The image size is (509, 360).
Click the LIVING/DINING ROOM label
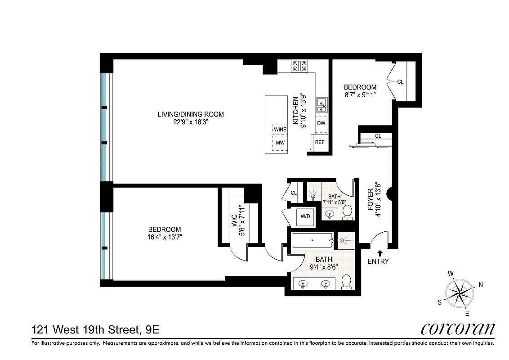[190, 114]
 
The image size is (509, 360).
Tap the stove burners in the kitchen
[299, 66]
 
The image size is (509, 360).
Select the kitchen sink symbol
[321, 105]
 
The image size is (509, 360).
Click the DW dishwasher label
[321, 123]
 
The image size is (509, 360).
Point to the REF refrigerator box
[320, 142]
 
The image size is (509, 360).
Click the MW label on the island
[280, 143]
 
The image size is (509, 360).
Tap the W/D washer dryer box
[305, 216]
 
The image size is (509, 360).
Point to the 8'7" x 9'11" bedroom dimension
[360, 94]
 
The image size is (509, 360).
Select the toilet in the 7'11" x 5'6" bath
[347, 211]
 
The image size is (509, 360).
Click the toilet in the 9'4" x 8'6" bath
[346, 281]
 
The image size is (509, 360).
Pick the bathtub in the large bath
[312, 240]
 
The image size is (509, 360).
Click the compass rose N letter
[480, 284]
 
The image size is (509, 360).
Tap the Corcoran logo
[458, 329]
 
